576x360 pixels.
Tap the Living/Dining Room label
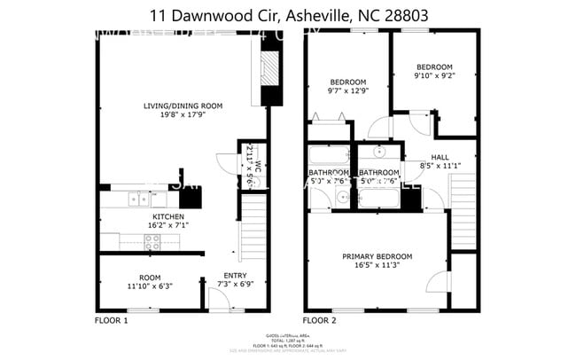pyautogui.click(x=183, y=106)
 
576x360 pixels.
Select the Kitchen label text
pyautogui.click(x=167, y=216)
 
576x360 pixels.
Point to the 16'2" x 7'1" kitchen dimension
pyautogui.click(x=167, y=225)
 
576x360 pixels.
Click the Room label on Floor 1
pyautogui.click(x=149, y=277)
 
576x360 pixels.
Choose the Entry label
pyautogui.click(x=234, y=276)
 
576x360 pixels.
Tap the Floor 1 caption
pyautogui.click(x=112, y=319)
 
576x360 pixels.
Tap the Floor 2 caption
pyautogui.click(x=320, y=319)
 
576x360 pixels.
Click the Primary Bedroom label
pyautogui.click(x=377, y=257)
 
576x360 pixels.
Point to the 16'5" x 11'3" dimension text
pyautogui.click(x=377, y=266)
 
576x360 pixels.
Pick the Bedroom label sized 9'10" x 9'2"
pyautogui.click(x=434, y=67)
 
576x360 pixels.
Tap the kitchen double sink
pyautogui.click(x=141, y=198)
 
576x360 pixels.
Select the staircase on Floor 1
pyautogui.click(x=253, y=226)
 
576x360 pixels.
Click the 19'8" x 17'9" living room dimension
pyautogui.click(x=183, y=114)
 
